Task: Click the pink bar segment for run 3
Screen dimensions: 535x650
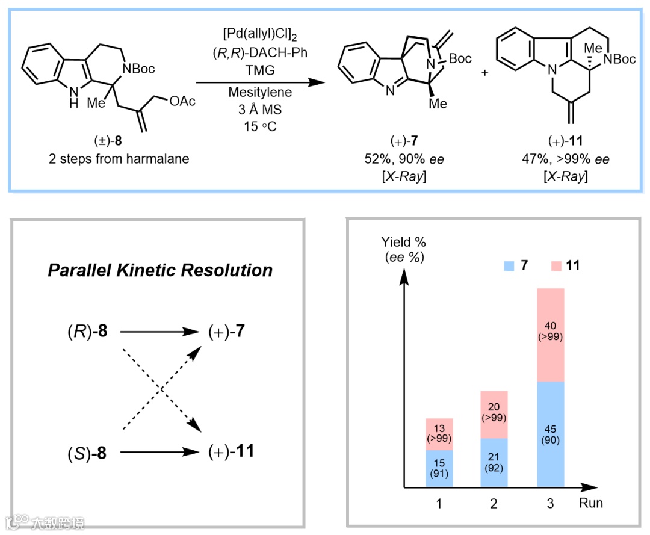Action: coord(551,335)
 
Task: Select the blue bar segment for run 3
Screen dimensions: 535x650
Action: coord(551,434)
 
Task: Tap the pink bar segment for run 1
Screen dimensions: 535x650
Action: coord(439,434)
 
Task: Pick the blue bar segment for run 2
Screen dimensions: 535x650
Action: coord(495,462)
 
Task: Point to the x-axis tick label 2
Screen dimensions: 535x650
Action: coord(495,503)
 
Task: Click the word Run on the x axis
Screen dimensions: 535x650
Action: coord(590,503)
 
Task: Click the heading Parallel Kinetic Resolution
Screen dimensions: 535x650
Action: coord(160,270)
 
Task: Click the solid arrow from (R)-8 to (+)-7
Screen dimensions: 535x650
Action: coord(159,331)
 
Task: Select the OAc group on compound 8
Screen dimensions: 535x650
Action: coord(182,101)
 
